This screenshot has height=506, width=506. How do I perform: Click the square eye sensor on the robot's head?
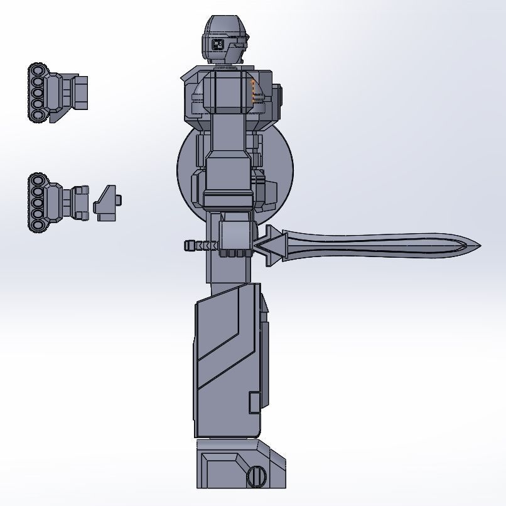pyautogui.click(x=219, y=43)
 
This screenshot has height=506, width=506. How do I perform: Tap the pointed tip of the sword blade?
pyautogui.click(x=478, y=245)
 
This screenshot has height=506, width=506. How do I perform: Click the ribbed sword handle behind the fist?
pyautogui.click(x=200, y=245)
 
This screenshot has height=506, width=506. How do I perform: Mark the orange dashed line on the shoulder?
pyautogui.click(x=253, y=91)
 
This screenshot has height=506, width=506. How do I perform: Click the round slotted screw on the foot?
pyautogui.click(x=257, y=476)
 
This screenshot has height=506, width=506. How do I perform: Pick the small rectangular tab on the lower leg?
pyautogui.click(x=254, y=402)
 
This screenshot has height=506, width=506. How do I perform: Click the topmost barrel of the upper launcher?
pyautogui.click(x=38, y=70)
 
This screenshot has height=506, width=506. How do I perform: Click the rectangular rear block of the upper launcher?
pyautogui.click(x=80, y=92)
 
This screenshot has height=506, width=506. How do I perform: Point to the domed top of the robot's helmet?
pyautogui.click(x=224, y=23)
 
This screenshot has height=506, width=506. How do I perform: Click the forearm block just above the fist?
pyautogui.click(x=229, y=183)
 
